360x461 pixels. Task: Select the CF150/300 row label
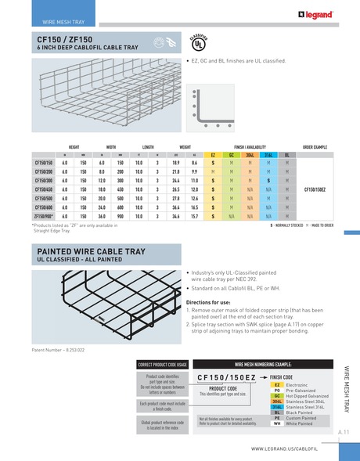[44, 179]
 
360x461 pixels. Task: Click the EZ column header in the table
[213, 155]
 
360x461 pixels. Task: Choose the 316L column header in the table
[268, 155]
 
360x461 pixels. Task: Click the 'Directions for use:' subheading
[213, 301]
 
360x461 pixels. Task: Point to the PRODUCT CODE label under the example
[223, 388]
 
